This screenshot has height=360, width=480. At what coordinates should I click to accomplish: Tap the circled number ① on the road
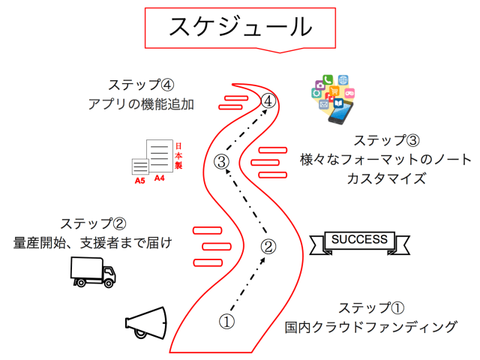pos(226,321)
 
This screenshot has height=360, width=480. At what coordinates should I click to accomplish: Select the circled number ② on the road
pos(268,246)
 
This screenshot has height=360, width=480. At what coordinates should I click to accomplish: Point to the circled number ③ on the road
pos(221,160)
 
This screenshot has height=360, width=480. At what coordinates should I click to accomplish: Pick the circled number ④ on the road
pos(268,100)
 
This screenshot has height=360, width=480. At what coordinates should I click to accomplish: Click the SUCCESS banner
pos(360,241)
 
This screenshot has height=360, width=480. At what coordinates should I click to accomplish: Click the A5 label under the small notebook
pos(140,181)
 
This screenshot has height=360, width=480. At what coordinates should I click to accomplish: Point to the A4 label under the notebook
pos(160,178)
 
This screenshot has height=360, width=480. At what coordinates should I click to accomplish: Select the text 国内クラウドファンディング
pos(370,327)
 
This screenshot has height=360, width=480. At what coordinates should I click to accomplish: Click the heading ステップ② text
pos(93,223)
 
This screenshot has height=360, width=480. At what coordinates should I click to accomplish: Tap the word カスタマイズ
pos(385,178)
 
